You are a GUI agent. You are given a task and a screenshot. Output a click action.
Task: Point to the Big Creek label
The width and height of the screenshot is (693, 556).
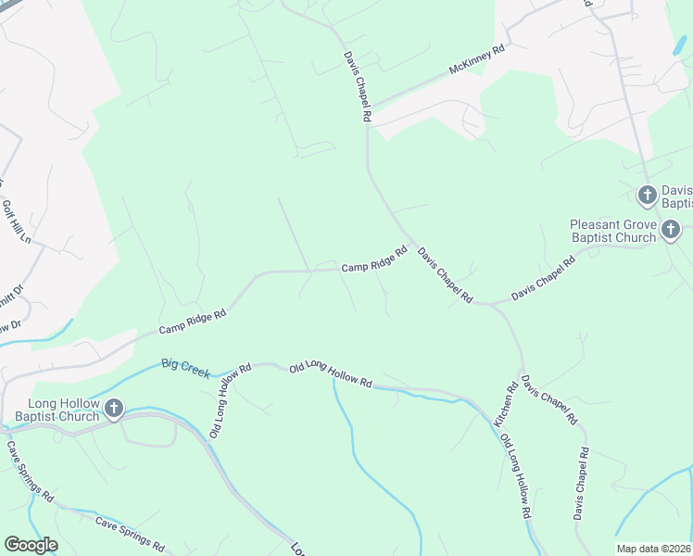click(185, 368)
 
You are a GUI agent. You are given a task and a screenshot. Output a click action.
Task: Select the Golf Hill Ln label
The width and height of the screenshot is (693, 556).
click(16, 222)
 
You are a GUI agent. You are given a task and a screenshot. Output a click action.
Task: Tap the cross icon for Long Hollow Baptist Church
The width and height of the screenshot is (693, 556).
click(114, 409)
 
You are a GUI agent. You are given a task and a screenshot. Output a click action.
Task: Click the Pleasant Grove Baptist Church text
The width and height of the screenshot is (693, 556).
click(612, 231)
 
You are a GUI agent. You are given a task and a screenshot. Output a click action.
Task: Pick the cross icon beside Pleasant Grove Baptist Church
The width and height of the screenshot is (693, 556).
click(671, 228)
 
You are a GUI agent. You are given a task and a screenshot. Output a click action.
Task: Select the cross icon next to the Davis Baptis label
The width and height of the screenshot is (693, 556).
click(648, 195)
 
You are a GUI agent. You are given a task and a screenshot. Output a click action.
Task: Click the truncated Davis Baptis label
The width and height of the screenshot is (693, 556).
click(676, 196)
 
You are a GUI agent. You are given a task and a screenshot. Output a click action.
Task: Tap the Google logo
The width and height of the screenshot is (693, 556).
click(31, 545)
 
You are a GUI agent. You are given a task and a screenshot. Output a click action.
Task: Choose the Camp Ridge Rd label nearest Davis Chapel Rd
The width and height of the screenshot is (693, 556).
click(374, 259)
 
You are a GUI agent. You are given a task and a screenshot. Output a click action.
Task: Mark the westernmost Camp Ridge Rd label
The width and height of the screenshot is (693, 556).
click(192, 322)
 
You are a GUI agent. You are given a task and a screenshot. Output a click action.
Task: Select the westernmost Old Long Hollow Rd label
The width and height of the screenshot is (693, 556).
click(230, 400)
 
